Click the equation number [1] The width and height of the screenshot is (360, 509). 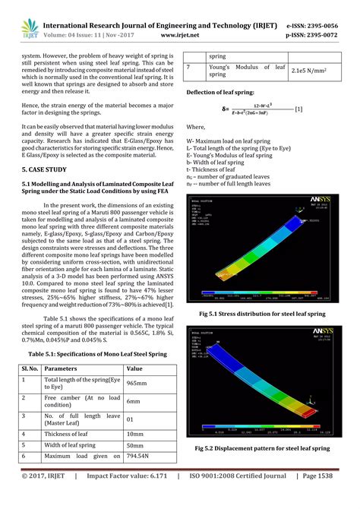pos(298,110)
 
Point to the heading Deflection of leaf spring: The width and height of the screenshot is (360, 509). pos(227,91)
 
